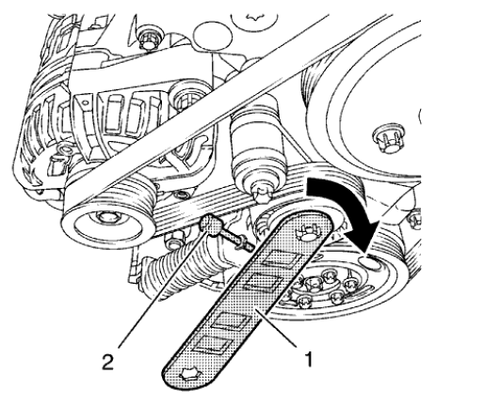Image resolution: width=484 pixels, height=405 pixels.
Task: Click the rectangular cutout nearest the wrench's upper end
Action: (x=284, y=256)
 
